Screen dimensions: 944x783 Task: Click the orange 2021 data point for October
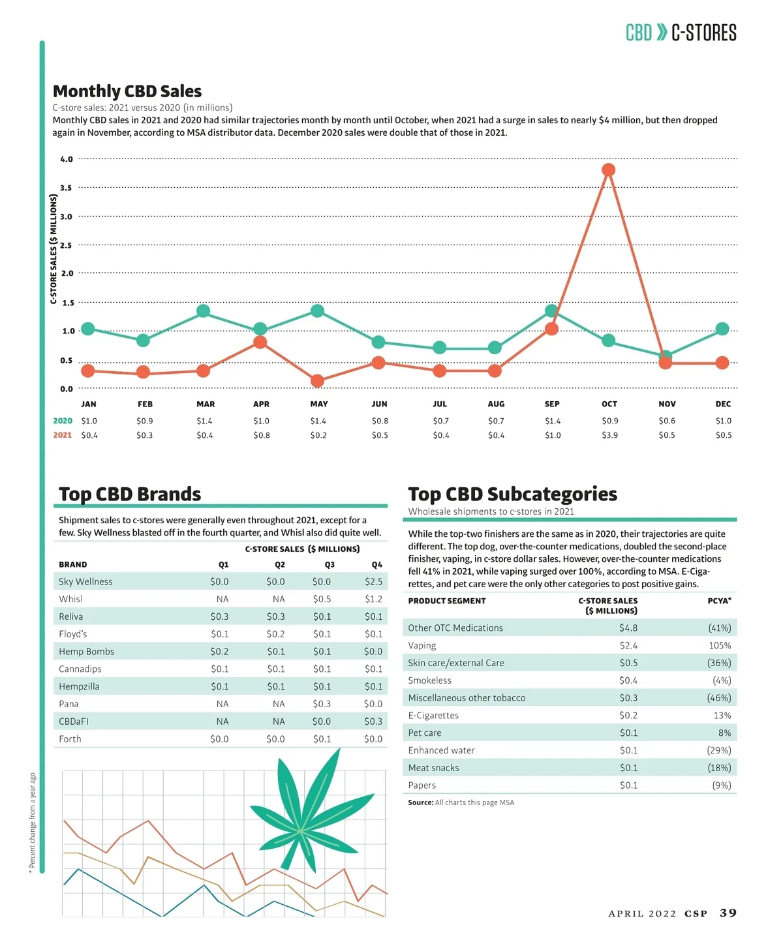pos(608,170)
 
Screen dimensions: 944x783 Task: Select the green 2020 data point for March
pos(203,311)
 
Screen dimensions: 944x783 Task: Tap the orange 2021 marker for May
pos(317,380)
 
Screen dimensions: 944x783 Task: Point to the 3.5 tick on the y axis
pos(66,188)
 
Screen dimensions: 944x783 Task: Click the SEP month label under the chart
pos(552,404)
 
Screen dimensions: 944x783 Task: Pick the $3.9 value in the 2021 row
pos(609,435)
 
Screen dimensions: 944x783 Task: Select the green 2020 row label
pos(63,421)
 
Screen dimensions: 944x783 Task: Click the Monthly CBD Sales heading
pos(127,91)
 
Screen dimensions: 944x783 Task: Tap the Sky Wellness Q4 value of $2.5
pos(373,581)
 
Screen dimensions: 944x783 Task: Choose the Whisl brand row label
pos(70,599)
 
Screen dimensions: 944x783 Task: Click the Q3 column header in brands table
pos(330,564)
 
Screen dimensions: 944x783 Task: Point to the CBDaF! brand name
pos(74,722)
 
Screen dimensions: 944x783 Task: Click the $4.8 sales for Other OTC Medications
pos(628,628)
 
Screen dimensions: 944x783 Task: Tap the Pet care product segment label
pos(425,733)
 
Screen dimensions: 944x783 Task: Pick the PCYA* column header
pos(719,601)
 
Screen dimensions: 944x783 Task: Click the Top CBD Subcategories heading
pos(512,494)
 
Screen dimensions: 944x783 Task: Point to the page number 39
pos(728,913)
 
